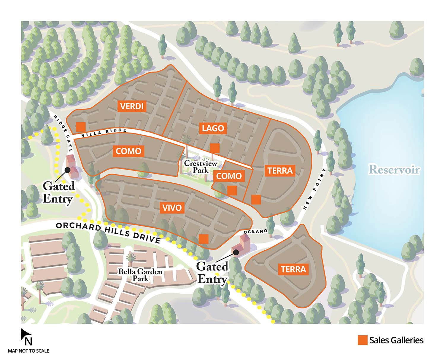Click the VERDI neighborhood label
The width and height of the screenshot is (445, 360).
point(132,106)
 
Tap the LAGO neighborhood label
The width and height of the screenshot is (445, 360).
point(213,128)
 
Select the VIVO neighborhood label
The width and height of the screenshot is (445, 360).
point(172,208)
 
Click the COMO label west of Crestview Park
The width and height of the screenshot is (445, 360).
point(128,151)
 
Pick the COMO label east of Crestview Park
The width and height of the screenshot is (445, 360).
point(229,176)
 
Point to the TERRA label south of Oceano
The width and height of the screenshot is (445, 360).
point(293,269)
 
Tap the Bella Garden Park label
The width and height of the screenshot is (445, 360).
point(140,275)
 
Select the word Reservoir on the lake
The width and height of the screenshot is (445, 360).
point(394,170)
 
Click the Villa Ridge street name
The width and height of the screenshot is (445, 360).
point(104,133)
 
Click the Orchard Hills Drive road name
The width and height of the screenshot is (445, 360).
point(108,232)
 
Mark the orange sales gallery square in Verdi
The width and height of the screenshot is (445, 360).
point(81,127)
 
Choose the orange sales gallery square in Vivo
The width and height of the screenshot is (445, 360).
point(204,239)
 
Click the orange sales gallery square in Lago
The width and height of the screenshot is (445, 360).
point(214,148)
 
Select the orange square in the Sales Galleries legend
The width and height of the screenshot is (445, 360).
point(363,340)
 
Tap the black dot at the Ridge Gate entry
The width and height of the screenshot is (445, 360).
point(67,170)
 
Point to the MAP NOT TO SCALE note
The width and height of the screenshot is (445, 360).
point(28,351)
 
